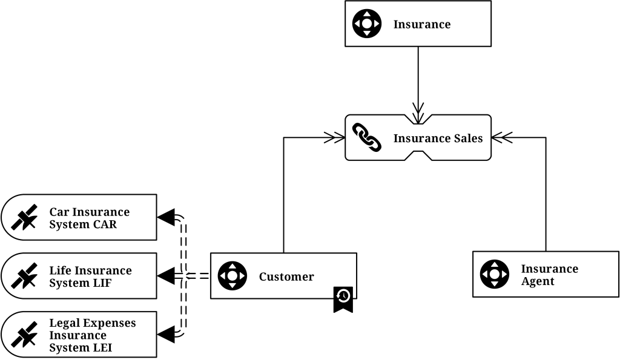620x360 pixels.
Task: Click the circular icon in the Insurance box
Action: [x=367, y=24]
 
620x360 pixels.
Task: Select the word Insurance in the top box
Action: [x=422, y=24]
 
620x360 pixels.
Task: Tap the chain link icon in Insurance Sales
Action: [x=367, y=138]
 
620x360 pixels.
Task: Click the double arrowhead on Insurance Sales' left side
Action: [x=334, y=138]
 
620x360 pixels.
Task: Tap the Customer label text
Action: [x=286, y=277]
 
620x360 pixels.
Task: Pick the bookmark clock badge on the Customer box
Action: [x=343, y=298]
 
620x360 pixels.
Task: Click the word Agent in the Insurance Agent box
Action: [x=538, y=281]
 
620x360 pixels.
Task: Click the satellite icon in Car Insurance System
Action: [x=24, y=218]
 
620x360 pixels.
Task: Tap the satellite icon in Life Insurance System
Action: [x=24, y=277]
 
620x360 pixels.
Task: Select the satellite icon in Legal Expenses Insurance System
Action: [x=24, y=335]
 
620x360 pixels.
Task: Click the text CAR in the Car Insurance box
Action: [x=105, y=224]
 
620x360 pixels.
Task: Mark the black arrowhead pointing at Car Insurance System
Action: [x=166, y=217]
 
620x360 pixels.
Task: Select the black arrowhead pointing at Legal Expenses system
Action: [x=166, y=333]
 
